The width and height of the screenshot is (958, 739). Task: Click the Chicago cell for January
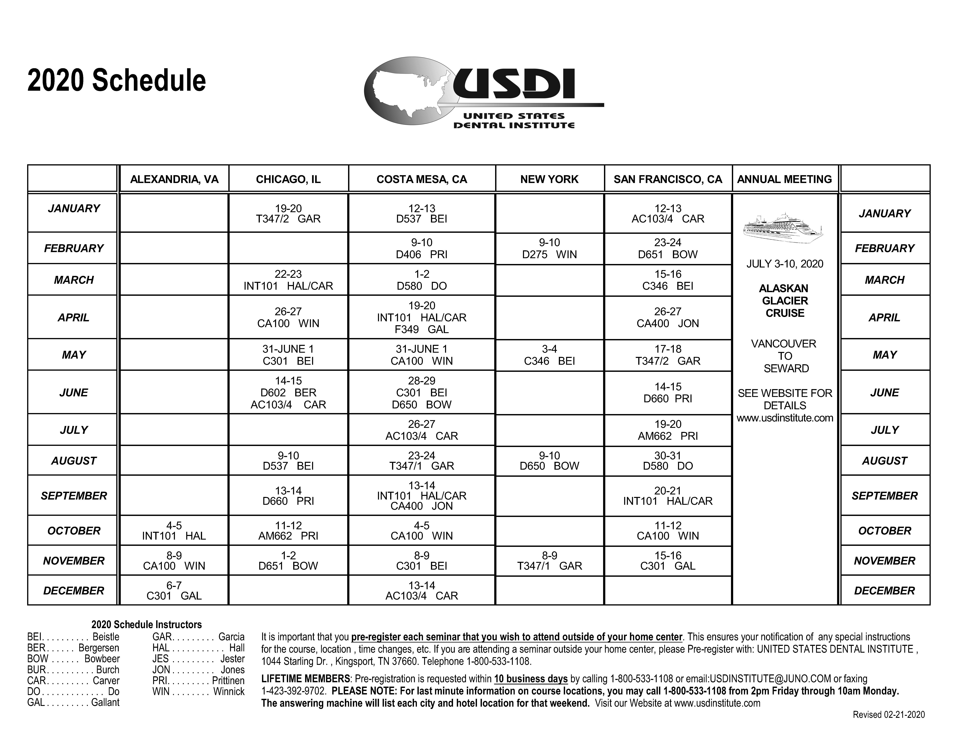(288, 214)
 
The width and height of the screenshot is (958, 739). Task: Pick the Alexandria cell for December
(174, 590)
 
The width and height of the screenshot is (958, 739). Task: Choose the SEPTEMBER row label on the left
(74, 496)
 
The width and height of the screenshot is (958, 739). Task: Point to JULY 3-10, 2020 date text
(785, 264)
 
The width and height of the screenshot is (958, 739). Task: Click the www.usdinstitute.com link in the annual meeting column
(785, 418)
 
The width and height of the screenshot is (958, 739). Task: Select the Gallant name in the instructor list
(105, 702)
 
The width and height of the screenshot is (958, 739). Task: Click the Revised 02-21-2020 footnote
(889, 714)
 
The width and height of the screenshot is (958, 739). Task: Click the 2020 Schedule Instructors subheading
(146, 624)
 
